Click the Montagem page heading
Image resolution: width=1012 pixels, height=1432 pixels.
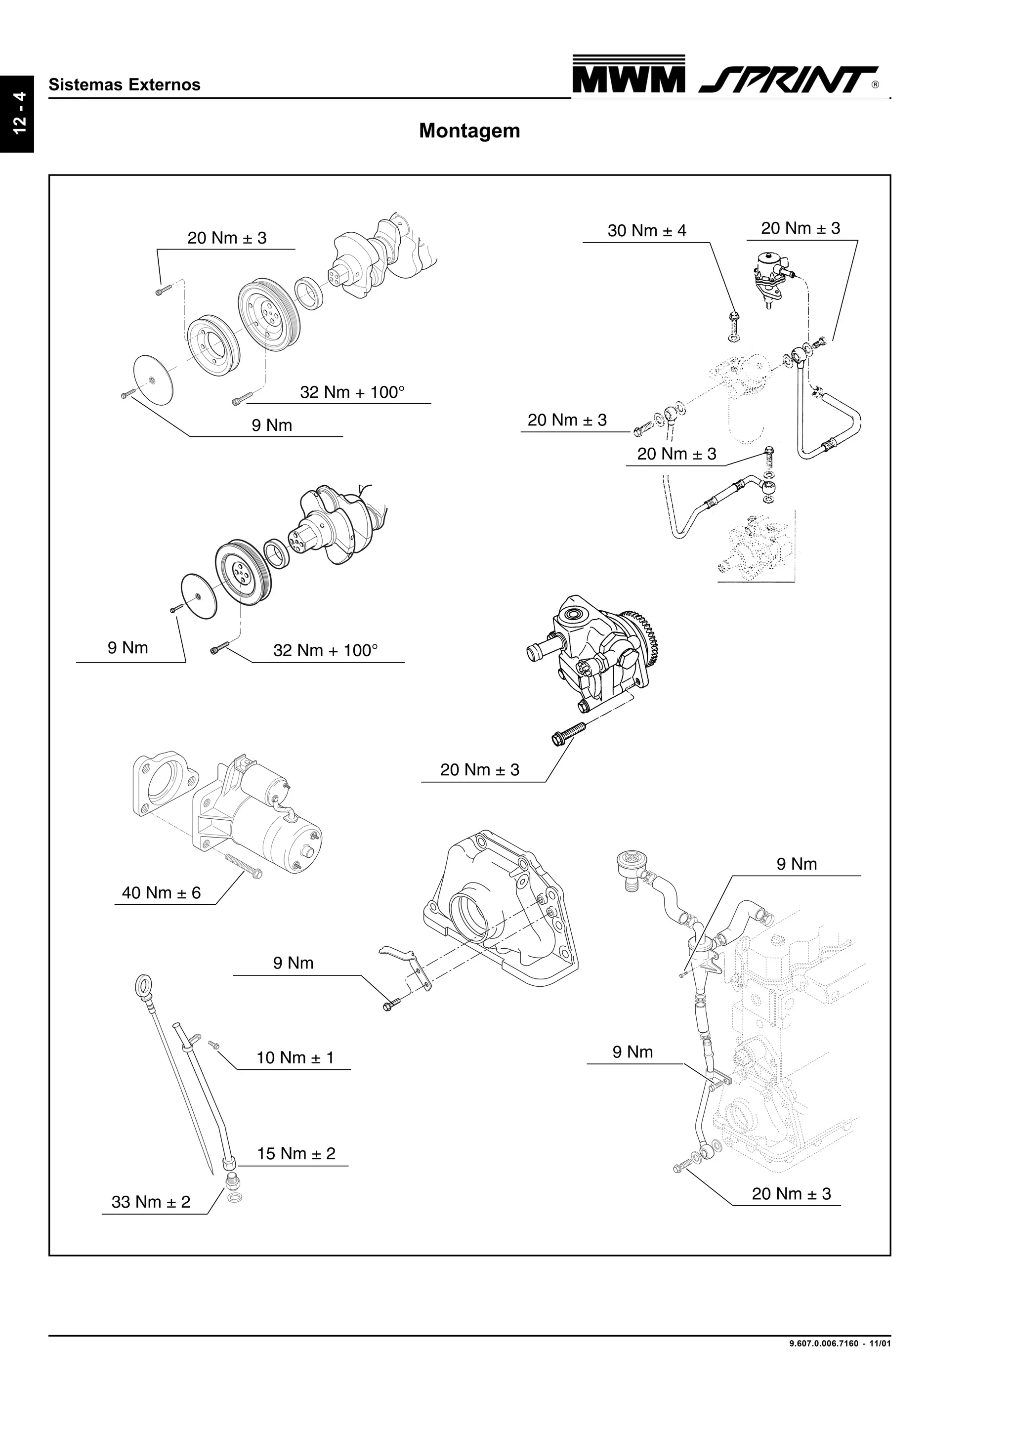[x=469, y=131]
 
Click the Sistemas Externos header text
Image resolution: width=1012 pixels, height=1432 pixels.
[x=124, y=85]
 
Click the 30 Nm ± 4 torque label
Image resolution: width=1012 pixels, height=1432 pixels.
[x=647, y=231]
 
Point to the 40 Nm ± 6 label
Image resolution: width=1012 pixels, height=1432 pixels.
[x=161, y=892]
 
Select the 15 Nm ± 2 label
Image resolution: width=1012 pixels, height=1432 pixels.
[x=295, y=1153]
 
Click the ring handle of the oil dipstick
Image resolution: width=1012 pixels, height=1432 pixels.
[x=142, y=987]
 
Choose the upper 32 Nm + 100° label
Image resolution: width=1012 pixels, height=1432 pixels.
[x=352, y=392]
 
